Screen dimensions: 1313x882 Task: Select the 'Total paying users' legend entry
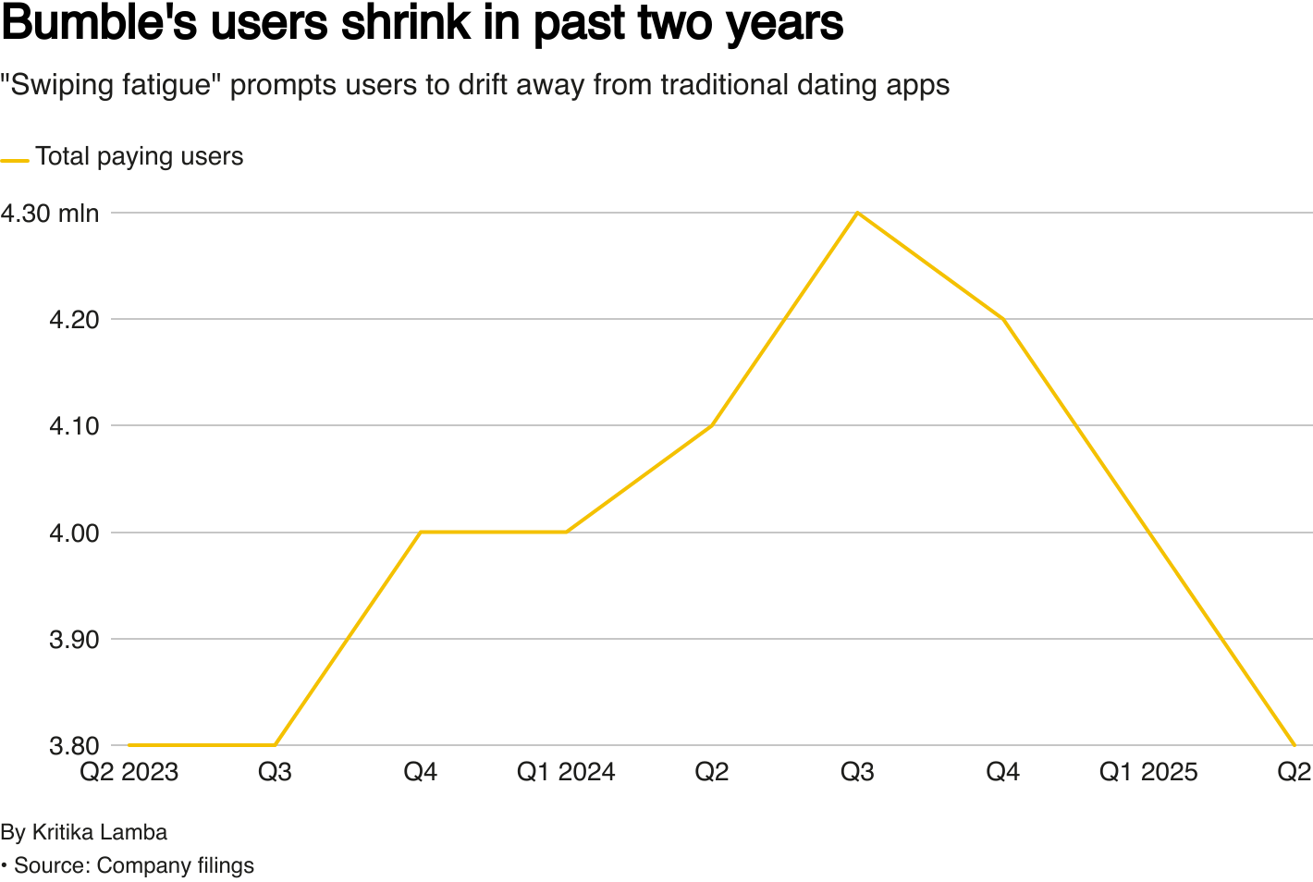(x=122, y=157)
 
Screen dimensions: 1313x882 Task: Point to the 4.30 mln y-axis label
(x=50, y=214)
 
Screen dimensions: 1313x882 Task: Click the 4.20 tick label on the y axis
(x=74, y=320)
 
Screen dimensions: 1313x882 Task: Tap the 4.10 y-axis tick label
(x=74, y=426)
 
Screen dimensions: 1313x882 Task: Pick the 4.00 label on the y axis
(x=74, y=533)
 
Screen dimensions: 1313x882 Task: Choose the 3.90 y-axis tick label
(x=74, y=640)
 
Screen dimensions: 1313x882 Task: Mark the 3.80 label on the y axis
(x=74, y=746)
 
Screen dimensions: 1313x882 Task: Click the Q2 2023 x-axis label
(x=129, y=772)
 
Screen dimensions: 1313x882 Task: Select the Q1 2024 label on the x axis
(x=566, y=772)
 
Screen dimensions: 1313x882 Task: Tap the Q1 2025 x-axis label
(x=1148, y=772)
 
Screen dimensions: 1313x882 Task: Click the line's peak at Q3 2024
(x=857, y=213)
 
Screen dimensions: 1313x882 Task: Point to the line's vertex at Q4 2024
(x=1003, y=319)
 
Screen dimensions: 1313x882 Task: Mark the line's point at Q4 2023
(x=421, y=533)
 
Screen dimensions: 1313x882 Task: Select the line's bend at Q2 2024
(x=712, y=425)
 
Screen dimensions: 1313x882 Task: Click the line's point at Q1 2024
(x=566, y=533)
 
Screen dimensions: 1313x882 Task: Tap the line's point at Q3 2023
(x=275, y=745)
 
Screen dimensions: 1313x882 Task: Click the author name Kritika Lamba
(x=100, y=832)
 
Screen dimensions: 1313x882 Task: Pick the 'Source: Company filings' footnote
(x=134, y=865)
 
